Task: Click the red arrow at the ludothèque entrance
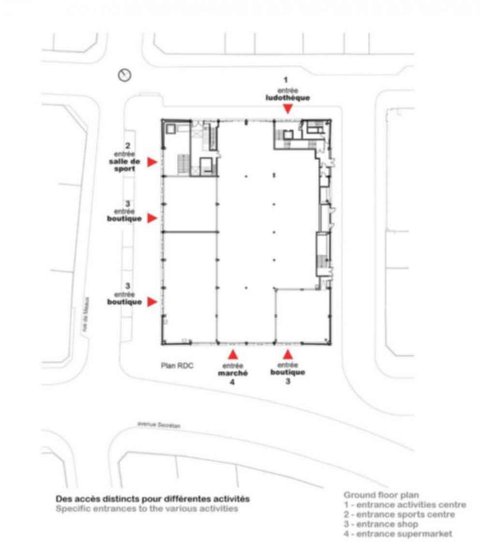(288, 109)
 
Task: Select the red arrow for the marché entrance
(233, 354)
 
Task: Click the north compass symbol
(125, 75)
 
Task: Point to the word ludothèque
(287, 97)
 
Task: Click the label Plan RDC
(177, 366)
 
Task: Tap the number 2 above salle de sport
(127, 145)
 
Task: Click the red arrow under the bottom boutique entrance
(288, 354)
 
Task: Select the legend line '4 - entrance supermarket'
(398, 534)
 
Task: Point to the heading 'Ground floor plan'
(381, 495)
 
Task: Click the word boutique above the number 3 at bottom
(287, 372)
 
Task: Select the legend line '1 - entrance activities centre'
(405, 505)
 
